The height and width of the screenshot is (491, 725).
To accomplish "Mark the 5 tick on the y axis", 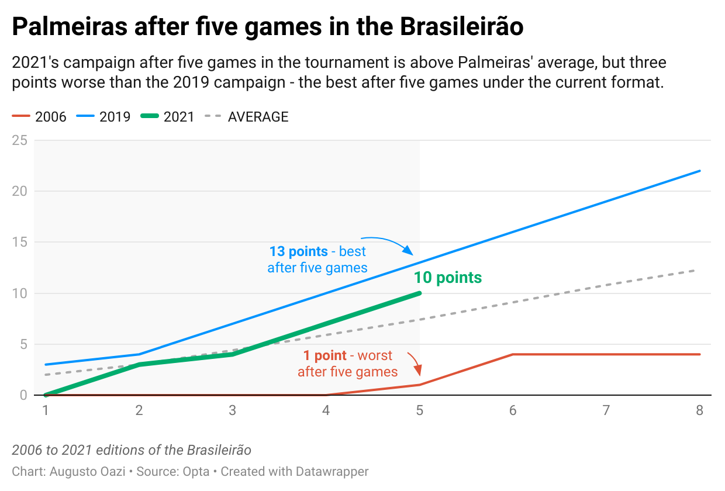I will point(23,344).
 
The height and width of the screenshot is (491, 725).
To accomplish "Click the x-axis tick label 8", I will point(699,410).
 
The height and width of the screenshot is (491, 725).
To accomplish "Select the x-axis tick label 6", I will point(513,410).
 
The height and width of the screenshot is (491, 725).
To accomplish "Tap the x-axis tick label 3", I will point(233,410).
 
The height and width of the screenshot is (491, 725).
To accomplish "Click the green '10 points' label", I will point(448,278).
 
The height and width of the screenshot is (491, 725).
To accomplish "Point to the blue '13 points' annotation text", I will point(317,260).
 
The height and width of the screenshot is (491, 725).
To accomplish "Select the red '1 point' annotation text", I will point(347,364).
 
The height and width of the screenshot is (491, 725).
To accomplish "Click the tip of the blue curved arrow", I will point(413,254).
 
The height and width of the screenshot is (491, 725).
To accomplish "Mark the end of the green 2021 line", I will point(419,293).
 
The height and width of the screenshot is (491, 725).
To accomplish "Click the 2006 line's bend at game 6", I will point(513,354).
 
